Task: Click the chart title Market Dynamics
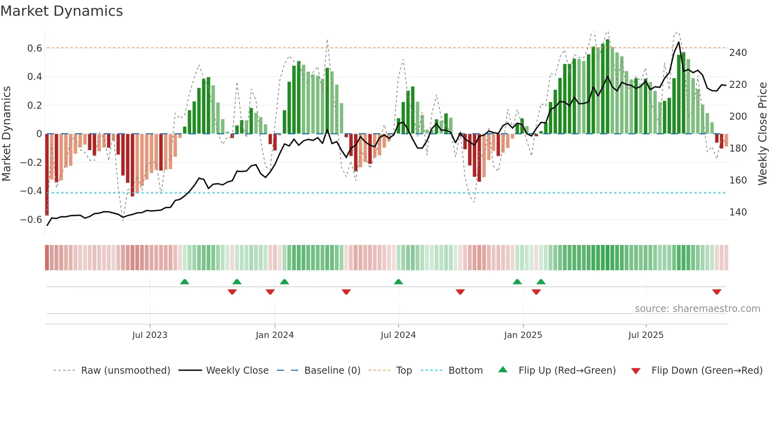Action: click(x=61, y=11)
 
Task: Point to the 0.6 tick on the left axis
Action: click(x=34, y=48)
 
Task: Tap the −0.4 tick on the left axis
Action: click(x=31, y=191)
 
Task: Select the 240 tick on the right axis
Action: click(x=738, y=53)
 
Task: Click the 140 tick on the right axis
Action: click(x=738, y=212)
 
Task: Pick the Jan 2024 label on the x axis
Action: click(x=275, y=335)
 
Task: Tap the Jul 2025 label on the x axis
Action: click(x=646, y=335)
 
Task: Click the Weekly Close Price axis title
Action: click(x=763, y=134)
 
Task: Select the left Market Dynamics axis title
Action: click(x=6, y=134)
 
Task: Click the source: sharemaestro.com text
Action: click(x=697, y=309)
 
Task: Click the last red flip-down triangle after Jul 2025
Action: click(x=716, y=292)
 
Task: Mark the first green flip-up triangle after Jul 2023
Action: click(x=184, y=282)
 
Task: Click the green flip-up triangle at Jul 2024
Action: click(x=398, y=282)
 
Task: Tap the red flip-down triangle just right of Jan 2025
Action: click(x=536, y=292)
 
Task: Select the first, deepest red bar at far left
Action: click(x=47, y=175)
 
